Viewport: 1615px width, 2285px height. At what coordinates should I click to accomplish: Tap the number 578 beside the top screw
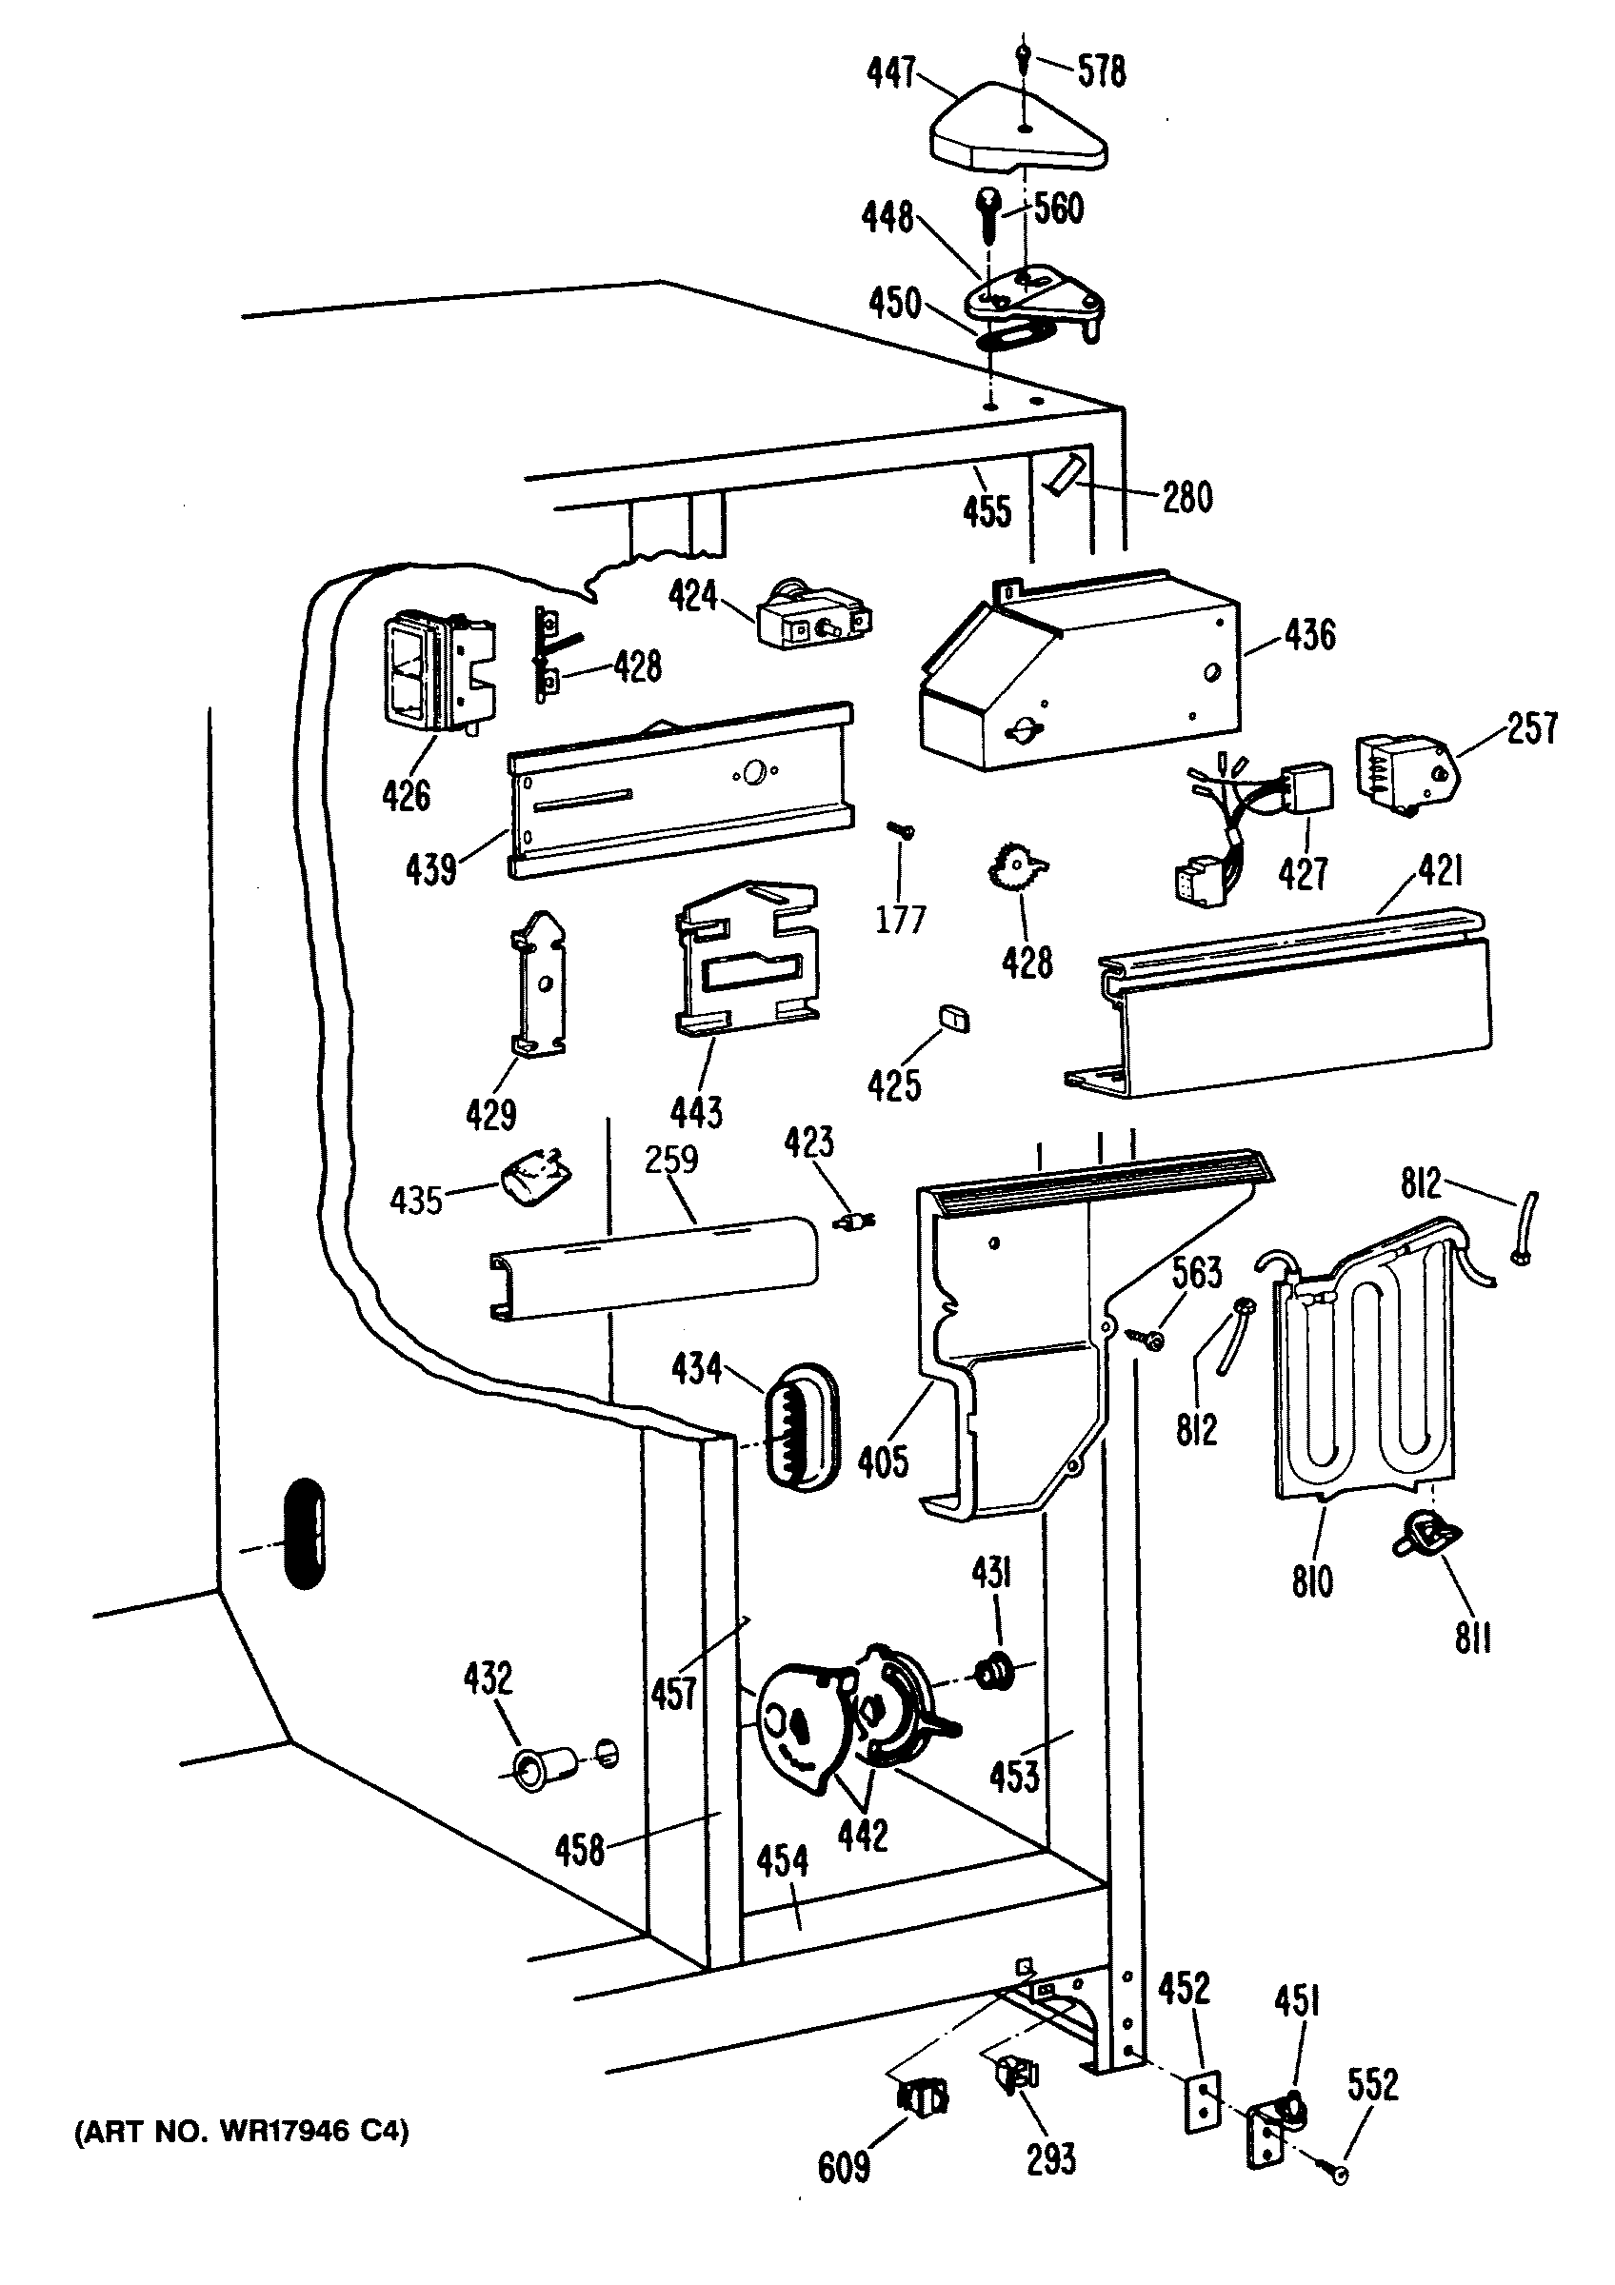(1102, 71)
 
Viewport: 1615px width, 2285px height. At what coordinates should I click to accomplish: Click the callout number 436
(1309, 635)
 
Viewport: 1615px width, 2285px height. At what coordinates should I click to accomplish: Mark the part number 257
(1531, 728)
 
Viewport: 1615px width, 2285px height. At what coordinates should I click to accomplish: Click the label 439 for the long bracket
(430, 870)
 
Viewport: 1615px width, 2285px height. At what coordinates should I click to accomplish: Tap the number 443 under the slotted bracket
(696, 1113)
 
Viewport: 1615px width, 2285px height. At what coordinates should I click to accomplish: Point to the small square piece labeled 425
(952, 1018)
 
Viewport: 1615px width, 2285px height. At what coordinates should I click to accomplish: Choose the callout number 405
(883, 1462)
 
